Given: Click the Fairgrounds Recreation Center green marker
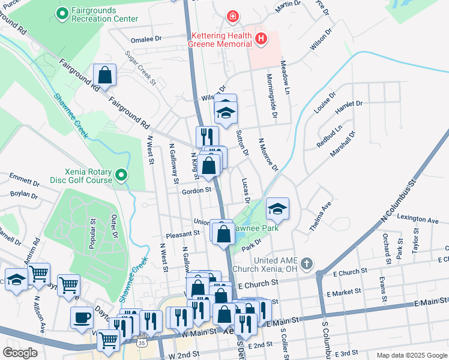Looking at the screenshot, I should [61, 13].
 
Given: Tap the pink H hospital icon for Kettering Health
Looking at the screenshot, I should [261, 40].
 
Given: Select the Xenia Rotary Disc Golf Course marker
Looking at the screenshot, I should [121, 175].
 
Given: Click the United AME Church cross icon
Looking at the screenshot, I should [307, 264].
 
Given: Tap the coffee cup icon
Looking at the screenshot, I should [82, 317].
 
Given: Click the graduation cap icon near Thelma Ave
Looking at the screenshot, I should [277, 208].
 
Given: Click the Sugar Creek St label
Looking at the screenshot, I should [140, 67].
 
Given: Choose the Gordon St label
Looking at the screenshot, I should [197, 190].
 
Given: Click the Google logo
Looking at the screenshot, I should [20, 353].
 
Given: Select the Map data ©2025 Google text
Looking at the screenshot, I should [411, 355].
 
